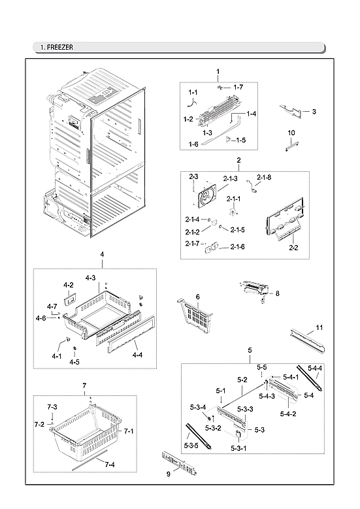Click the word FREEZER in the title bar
[60, 47]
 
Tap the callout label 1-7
[238, 88]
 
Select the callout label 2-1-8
[263, 178]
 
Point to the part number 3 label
[314, 112]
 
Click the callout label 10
[291, 133]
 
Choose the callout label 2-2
[293, 248]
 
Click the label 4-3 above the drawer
[91, 278]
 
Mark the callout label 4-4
[137, 355]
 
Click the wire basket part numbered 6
[197, 317]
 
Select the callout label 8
[277, 294]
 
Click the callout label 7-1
[128, 431]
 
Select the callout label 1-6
[194, 144]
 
